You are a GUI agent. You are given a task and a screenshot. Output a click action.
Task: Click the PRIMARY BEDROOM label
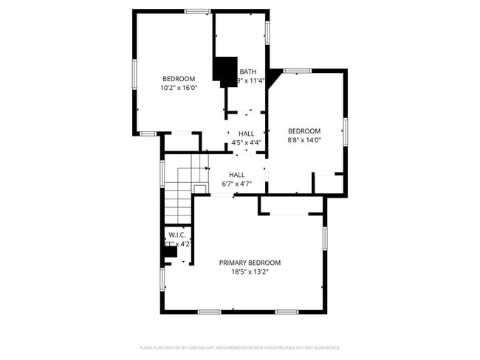click(250, 263)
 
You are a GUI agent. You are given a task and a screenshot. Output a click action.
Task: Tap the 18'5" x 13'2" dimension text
click(250, 271)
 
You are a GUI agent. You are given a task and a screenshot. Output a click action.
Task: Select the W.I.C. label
click(176, 235)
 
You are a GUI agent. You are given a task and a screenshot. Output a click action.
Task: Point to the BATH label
click(247, 72)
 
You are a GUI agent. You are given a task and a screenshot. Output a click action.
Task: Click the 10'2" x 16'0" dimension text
click(179, 88)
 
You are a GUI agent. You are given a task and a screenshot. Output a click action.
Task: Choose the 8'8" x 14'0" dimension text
click(304, 139)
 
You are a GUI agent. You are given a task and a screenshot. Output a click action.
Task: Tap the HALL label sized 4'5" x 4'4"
click(246, 134)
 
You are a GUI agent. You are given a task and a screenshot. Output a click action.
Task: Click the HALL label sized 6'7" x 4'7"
click(236, 175)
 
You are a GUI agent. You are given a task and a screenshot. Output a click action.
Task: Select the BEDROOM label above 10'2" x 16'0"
click(179, 79)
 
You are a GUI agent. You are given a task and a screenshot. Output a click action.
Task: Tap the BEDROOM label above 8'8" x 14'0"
click(304, 131)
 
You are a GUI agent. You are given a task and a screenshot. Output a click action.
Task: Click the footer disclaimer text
click(239, 347)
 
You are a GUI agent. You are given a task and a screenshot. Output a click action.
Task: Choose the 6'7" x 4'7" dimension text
click(236, 184)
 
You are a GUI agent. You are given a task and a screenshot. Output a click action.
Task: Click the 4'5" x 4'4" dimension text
click(246, 142)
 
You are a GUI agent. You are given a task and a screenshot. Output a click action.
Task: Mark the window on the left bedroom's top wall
click(196, 11)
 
